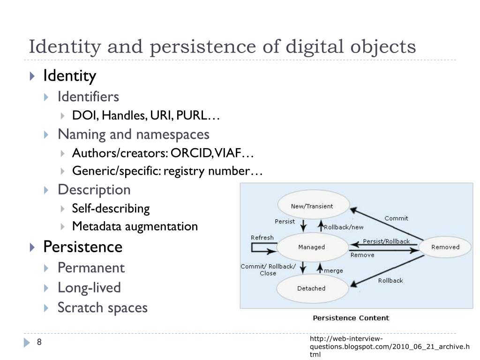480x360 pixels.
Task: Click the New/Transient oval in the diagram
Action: (312, 206)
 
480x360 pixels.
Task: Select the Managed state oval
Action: (311, 247)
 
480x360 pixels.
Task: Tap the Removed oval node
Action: (445, 247)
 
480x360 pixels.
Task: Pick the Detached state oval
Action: (311, 288)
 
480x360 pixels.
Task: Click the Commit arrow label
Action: (396, 218)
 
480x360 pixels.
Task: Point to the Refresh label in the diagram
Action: (262, 238)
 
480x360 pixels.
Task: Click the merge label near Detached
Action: (333, 270)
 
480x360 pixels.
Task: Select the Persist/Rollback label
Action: (386, 241)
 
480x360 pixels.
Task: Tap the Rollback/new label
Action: (344, 227)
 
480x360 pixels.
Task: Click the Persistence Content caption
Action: (351, 318)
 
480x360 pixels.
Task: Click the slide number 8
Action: (39, 342)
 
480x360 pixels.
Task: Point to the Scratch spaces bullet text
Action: (102, 307)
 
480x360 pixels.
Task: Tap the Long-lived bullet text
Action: (89, 287)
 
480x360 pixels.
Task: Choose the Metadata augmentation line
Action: (135, 226)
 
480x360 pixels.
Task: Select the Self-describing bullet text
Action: (111, 208)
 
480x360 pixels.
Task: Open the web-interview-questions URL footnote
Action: (389, 346)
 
